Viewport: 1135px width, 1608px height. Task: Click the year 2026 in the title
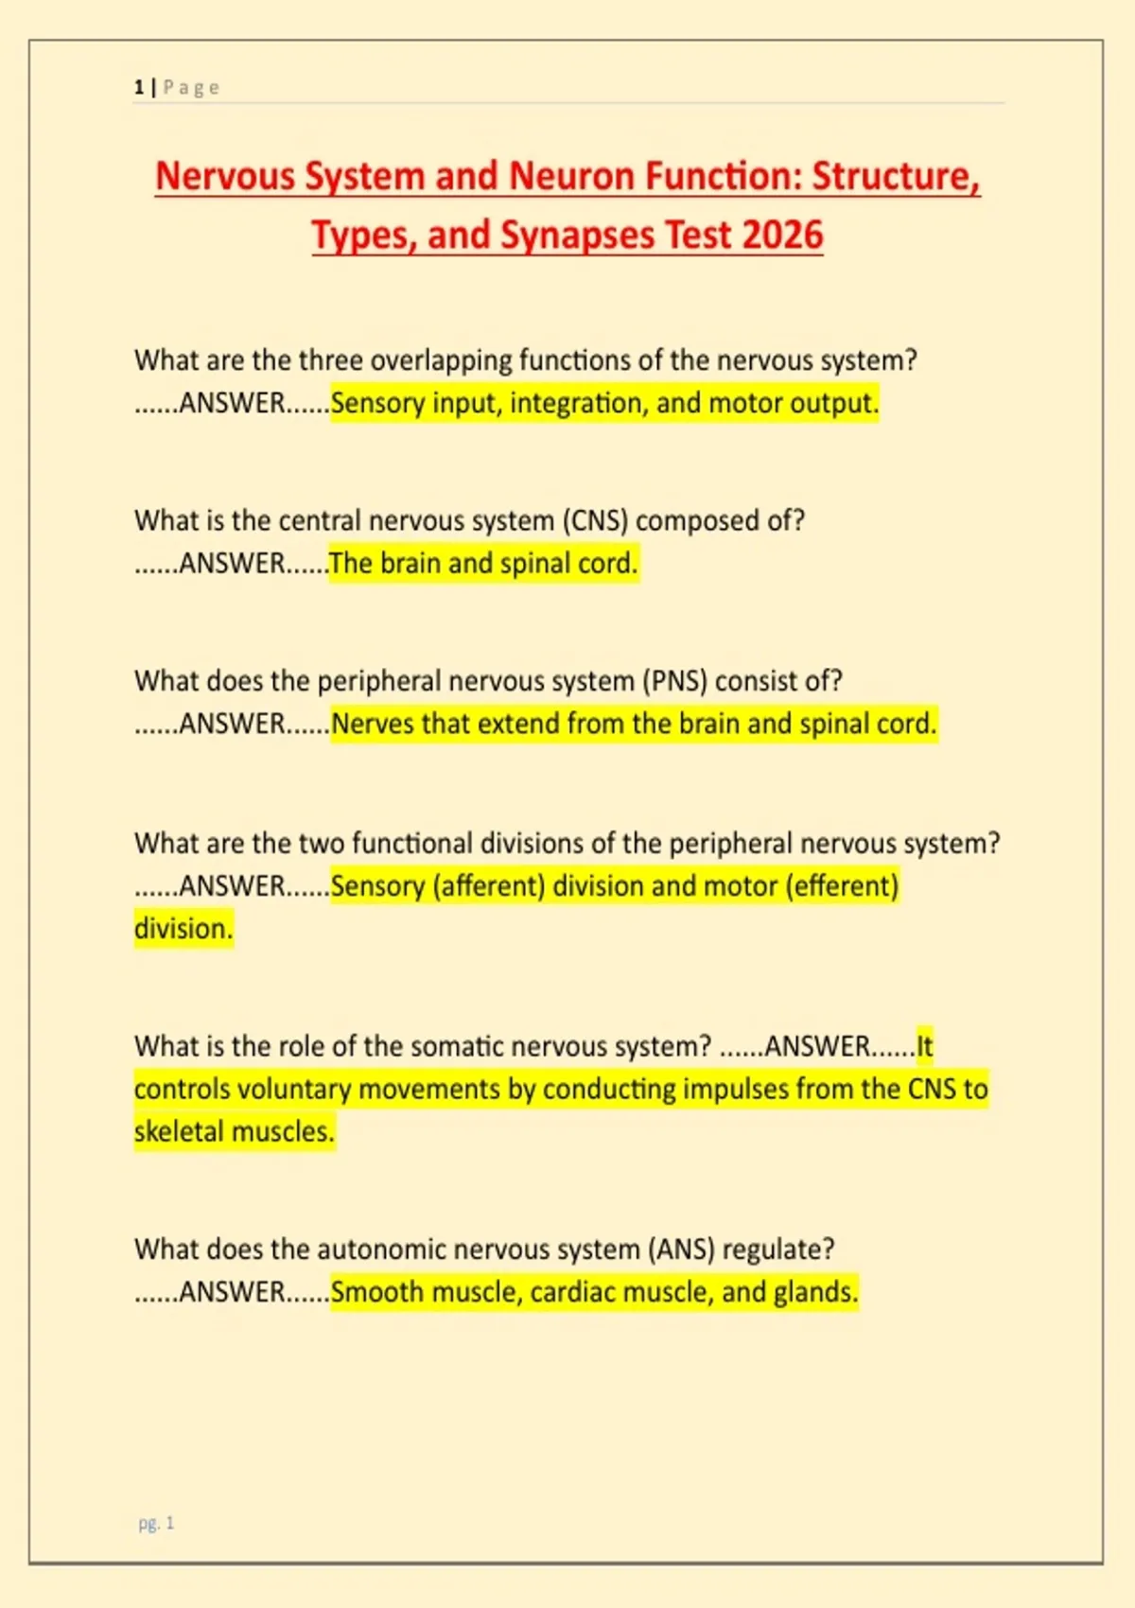[x=782, y=235]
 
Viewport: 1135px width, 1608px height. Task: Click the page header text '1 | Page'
[x=177, y=88]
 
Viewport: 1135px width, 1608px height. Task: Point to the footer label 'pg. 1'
[x=156, y=1523]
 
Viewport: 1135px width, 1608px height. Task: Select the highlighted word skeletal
[x=180, y=1132]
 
